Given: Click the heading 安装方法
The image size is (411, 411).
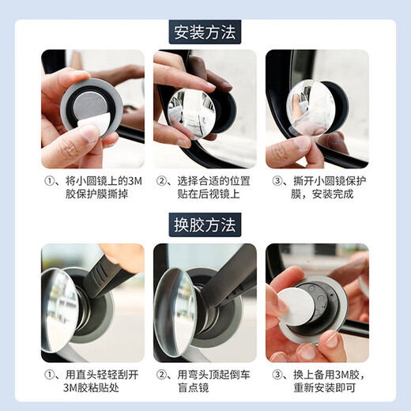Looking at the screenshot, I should coord(205,32).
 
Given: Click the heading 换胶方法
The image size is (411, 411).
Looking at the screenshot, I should coord(205,224).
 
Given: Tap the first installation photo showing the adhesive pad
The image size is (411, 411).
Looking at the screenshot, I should coord(92,109).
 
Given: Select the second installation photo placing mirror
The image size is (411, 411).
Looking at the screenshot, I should coord(205,109).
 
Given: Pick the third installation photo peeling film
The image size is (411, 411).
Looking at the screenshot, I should coord(317,109).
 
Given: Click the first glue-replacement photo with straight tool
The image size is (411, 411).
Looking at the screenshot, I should coord(92,302).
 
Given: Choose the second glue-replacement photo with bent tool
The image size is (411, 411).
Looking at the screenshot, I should coord(205,302).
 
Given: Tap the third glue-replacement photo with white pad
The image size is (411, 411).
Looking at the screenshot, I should coord(317,302).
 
